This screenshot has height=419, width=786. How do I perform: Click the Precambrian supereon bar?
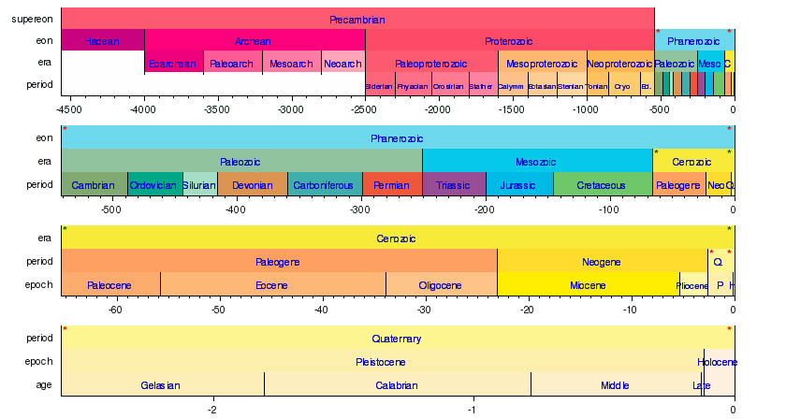[x=357, y=19]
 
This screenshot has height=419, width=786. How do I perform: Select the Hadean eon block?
[x=102, y=41]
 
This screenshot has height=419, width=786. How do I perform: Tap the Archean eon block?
[x=254, y=41]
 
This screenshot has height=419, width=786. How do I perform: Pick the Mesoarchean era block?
[x=291, y=64]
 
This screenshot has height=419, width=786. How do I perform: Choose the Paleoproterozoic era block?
[x=430, y=64]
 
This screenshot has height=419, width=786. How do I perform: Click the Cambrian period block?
[x=94, y=185]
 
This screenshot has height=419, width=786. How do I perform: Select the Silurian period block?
[x=199, y=185]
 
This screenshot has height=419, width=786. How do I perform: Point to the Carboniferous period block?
[x=324, y=185]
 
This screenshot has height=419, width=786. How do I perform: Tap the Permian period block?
[x=391, y=185]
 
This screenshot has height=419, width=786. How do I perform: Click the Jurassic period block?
[x=518, y=185]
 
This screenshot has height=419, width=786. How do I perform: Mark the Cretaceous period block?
[x=602, y=185]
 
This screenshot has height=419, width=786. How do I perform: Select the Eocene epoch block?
[x=272, y=284]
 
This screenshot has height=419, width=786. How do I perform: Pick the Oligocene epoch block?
[x=441, y=284]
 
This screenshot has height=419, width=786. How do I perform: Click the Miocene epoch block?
[x=588, y=284]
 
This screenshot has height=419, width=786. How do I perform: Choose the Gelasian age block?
[x=161, y=385]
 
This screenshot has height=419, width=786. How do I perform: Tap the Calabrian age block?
[x=397, y=385]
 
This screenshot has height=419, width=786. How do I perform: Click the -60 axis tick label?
[x=115, y=309]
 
